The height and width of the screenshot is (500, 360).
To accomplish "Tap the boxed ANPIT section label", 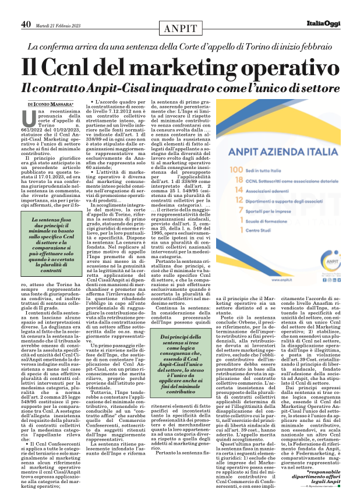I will click(181, 28).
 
